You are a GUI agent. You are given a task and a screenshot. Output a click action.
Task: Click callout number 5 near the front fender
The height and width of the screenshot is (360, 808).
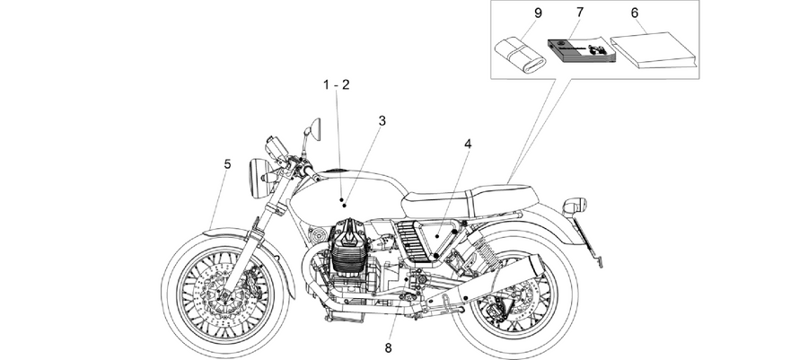pos(227,163)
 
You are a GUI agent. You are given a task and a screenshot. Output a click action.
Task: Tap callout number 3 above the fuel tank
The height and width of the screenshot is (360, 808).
pos(382,120)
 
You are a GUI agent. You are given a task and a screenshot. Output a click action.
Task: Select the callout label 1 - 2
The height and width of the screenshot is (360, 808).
pos(337,84)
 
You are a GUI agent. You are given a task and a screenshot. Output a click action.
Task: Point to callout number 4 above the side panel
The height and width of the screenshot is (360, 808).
pos(468,144)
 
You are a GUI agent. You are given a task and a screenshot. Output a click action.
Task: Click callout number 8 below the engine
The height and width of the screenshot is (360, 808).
pos(388,348)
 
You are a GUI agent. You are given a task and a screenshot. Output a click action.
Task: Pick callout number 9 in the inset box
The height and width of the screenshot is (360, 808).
pos(538,13)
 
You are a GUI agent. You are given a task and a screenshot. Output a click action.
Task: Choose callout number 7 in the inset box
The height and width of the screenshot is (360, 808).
pos(580,12)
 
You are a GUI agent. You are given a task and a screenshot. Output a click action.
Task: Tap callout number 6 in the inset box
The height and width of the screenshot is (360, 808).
pos(635,13)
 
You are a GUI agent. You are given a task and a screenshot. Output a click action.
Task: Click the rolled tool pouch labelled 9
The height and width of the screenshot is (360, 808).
pos(520,54)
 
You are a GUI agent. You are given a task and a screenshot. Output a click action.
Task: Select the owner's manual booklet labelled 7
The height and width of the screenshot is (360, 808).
pos(581,49)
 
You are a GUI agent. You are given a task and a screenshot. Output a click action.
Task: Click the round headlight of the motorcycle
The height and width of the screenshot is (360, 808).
pos(256,177)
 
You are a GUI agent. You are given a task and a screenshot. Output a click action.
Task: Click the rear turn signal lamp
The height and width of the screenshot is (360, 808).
pos(575,206)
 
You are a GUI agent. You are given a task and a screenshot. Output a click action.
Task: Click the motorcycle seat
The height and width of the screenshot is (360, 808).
pos(469,200)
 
